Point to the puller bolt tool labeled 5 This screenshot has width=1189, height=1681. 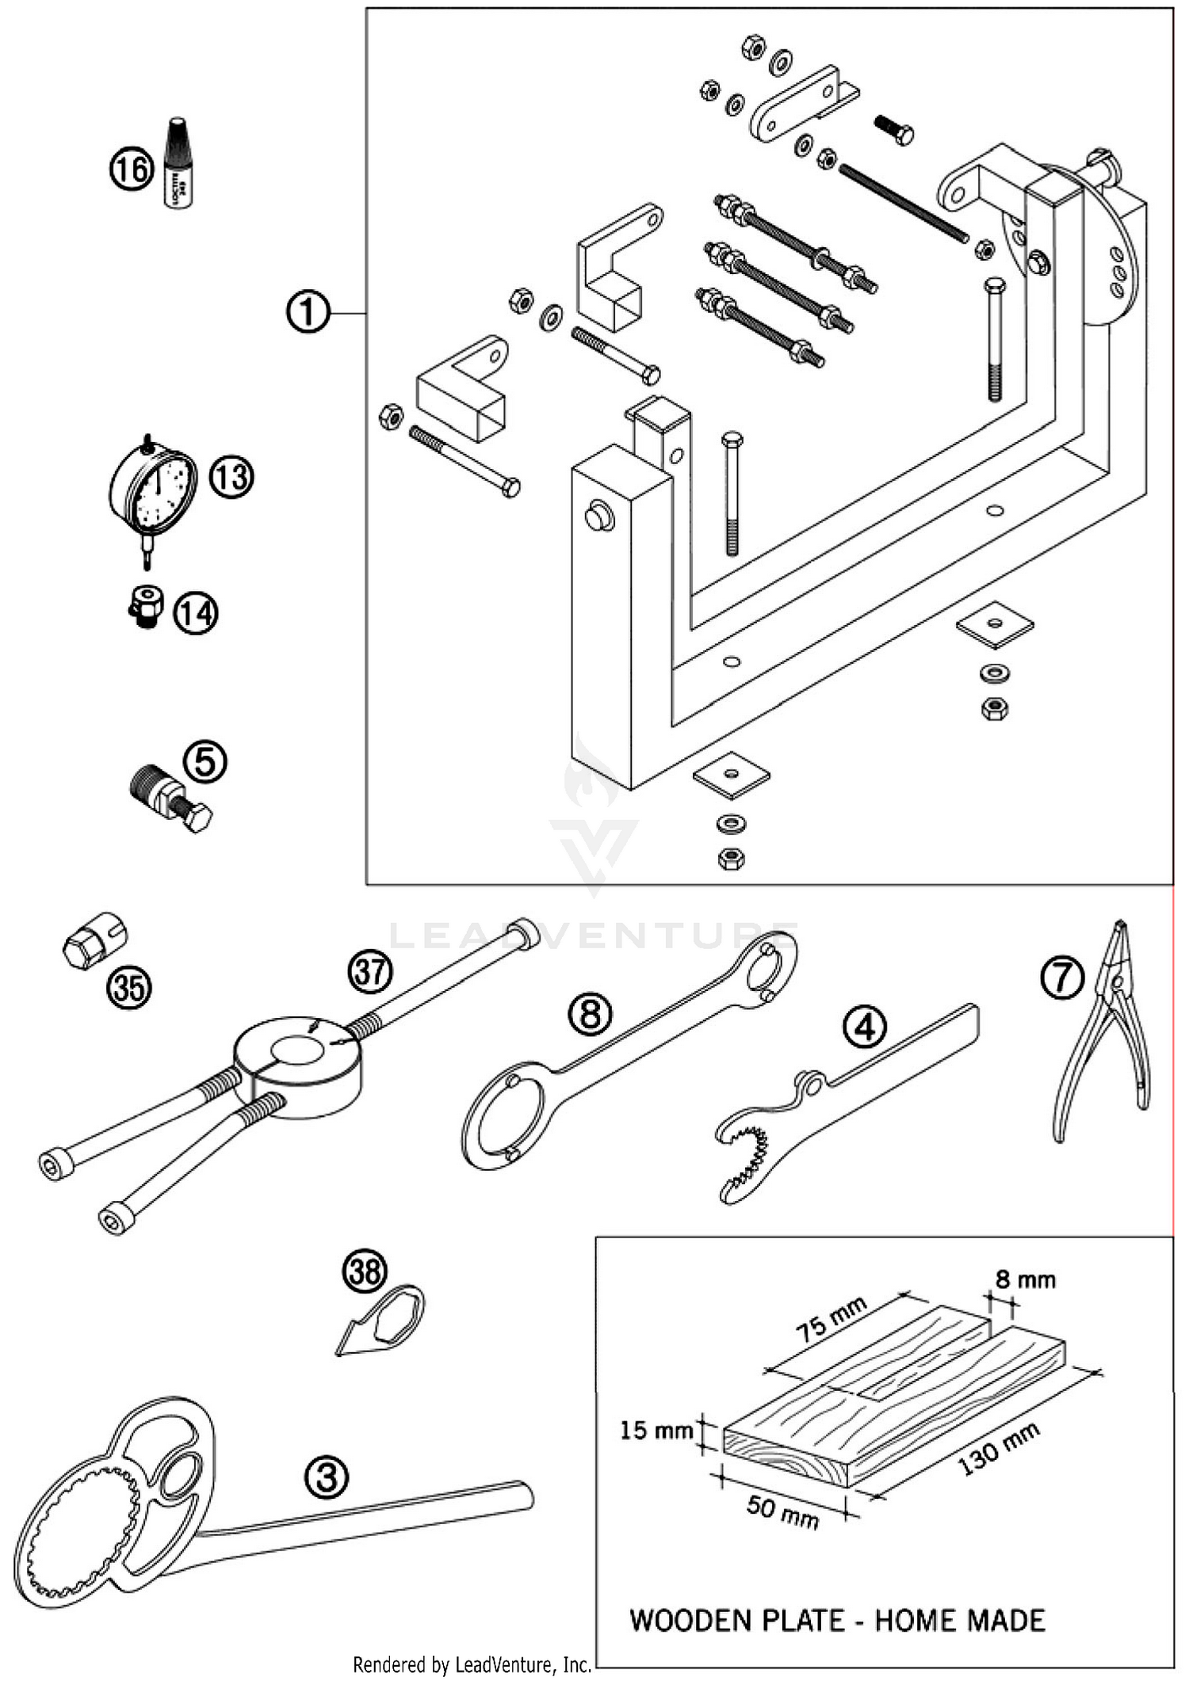(170, 798)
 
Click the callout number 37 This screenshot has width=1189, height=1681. (370, 971)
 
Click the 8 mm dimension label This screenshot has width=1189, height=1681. (1025, 1279)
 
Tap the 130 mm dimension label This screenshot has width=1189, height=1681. (999, 1449)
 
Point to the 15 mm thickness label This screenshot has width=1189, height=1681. (655, 1430)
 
